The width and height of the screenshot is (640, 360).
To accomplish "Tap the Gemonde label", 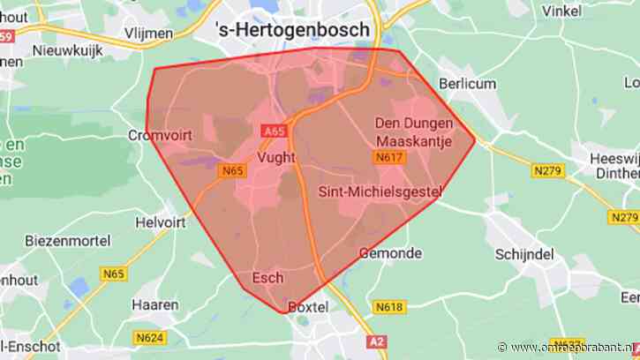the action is tap(389, 252).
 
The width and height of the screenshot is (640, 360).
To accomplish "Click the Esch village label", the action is tap(268, 278).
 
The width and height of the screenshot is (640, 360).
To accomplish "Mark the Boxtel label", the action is tap(308, 307).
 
